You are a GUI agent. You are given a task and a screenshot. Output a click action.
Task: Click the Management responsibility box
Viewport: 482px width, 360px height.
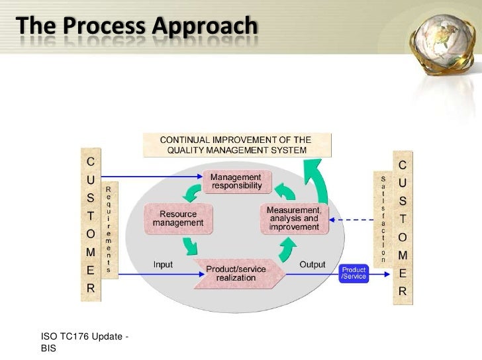pyautogui.click(x=236, y=183)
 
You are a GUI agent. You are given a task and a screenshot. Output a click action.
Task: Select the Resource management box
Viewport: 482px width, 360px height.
pyautogui.click(x=178, y=218)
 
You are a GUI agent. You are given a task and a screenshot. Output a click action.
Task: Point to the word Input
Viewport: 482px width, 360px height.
pyautogui.click(x=163, y=265)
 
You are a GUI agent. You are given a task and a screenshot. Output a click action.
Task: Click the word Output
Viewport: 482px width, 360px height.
pyautogui.click(x=313, y=265)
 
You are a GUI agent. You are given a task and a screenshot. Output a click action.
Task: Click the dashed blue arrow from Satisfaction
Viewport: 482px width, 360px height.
pyautogui.click(x=354, y=220)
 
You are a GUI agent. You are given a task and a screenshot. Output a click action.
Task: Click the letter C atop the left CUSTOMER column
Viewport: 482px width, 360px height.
pyautogui.click(x=90, y=161)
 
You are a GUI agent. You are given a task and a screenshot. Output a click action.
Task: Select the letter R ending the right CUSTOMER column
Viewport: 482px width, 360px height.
pyautogui.click(x=402, y=291)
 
